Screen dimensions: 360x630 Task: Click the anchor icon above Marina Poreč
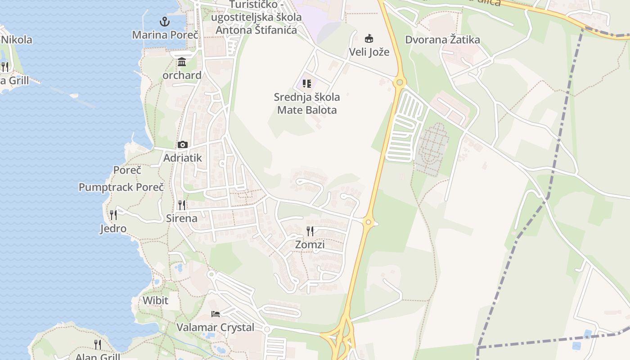click(165, 21)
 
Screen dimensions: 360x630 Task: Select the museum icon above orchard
click(182, 62)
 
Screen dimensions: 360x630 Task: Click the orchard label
click(182, 75)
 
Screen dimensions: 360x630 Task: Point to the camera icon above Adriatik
click(182, 144)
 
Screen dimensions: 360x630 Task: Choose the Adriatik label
click(183, 158)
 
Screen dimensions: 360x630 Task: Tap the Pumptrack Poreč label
click(121, 187)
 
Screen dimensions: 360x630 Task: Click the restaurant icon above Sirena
click(182, 205)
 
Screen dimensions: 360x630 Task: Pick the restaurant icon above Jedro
click(113, 215)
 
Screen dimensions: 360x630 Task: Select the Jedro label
click(113, 229)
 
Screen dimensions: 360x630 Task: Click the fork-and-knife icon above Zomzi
click(310, 231)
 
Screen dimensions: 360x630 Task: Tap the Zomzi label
click(310, 245)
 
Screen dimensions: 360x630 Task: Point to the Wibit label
click(155, 301)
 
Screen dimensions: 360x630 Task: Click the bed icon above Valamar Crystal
click(216, 314)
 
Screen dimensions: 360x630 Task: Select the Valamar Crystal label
click(215, 328)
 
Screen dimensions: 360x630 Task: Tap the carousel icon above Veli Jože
click(369, 38)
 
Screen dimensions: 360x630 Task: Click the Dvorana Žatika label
click(442, 40)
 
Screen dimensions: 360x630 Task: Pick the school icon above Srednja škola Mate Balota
click(307, 83)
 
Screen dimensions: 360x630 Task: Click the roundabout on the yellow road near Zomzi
click(369, 222)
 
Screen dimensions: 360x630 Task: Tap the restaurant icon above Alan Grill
click(98, 344)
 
